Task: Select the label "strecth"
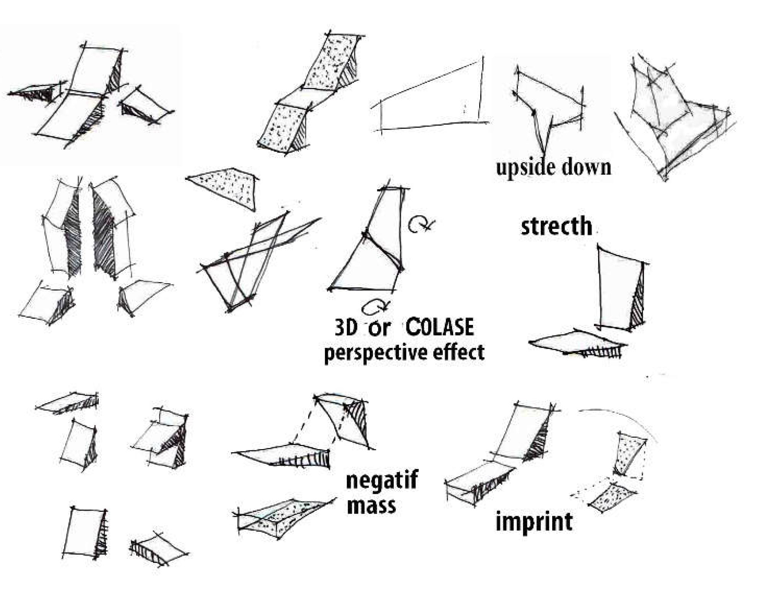[556, 226]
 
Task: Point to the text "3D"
[346, 328]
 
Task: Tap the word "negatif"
[382, 480]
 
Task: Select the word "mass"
[371, 505]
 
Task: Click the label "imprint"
[534, 521]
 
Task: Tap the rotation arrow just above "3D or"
[376, 305]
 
